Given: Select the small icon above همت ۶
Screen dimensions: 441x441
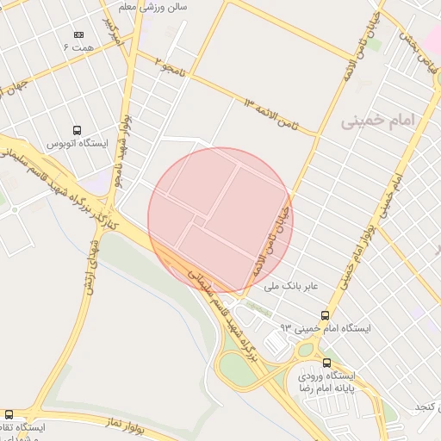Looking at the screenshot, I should (79, 35).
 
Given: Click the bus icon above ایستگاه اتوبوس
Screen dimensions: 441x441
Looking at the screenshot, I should (78, 130).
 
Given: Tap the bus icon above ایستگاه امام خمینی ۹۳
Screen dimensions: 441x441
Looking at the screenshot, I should (325, 315).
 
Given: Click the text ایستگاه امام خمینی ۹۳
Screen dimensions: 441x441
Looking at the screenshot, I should (327, 328).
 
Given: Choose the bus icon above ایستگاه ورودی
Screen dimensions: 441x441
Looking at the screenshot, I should (326, 363).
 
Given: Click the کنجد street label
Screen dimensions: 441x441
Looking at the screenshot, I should (428, 406).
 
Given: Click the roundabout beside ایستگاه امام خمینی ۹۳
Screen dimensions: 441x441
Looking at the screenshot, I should (305, 351).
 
